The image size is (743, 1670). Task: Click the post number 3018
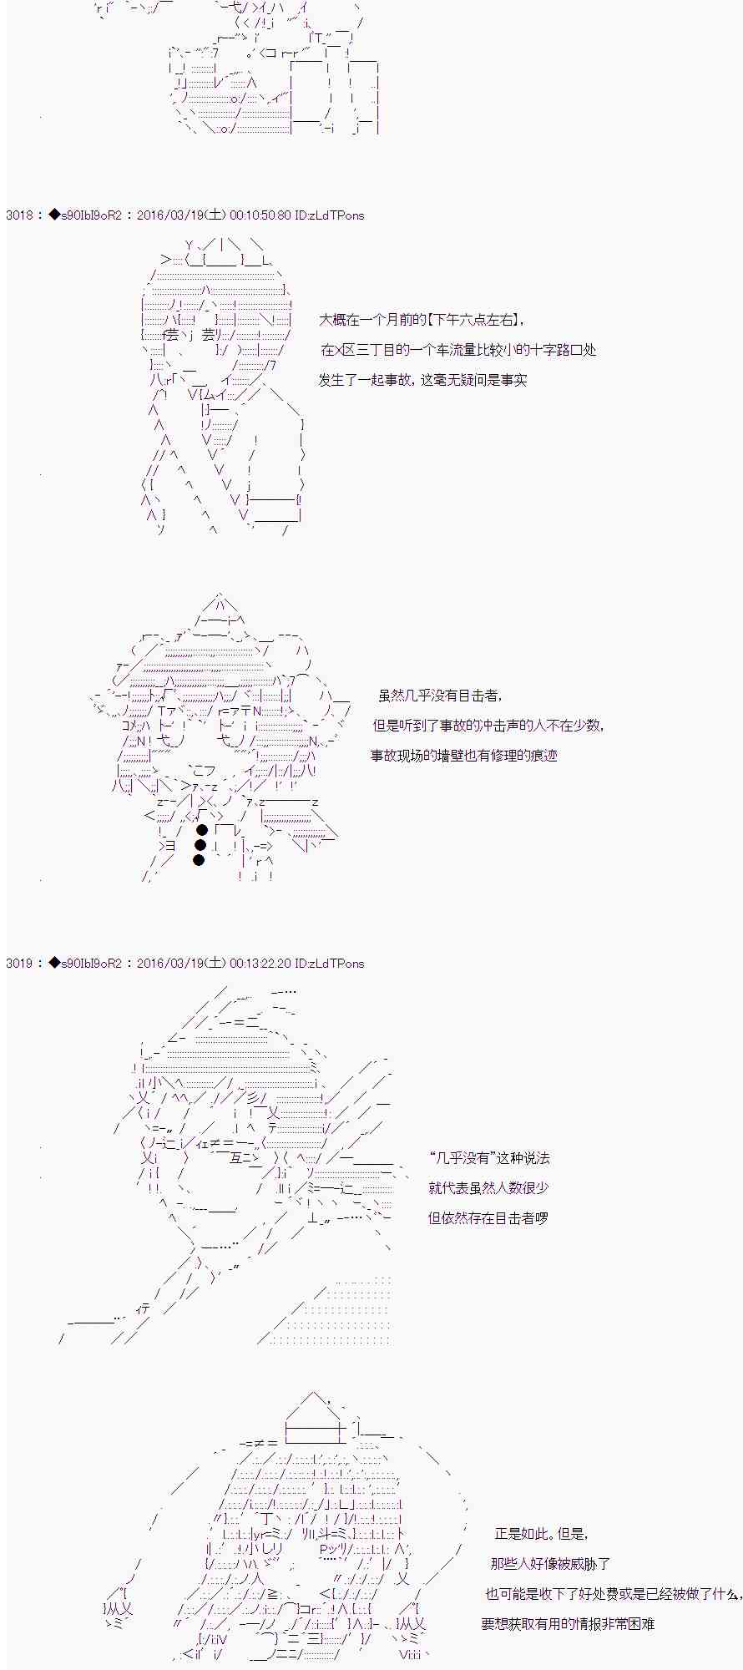point(19,215)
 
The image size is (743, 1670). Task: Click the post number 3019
point(19,964)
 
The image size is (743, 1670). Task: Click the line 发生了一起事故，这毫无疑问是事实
point(422,380)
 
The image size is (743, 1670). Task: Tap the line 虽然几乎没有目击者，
point(441,696)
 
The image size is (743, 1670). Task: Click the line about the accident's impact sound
point(488,726)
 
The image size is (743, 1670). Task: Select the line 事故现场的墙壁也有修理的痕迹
point(464,756)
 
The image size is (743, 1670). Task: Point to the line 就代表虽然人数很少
point(488,1188)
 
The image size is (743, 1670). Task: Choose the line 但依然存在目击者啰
point(488,1218)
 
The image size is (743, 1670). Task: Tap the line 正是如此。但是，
point(542,1534)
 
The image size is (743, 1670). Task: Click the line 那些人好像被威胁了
point(550,1564)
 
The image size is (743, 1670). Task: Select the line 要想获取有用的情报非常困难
point(568,1624)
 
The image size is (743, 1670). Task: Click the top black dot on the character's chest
point(201,830)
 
